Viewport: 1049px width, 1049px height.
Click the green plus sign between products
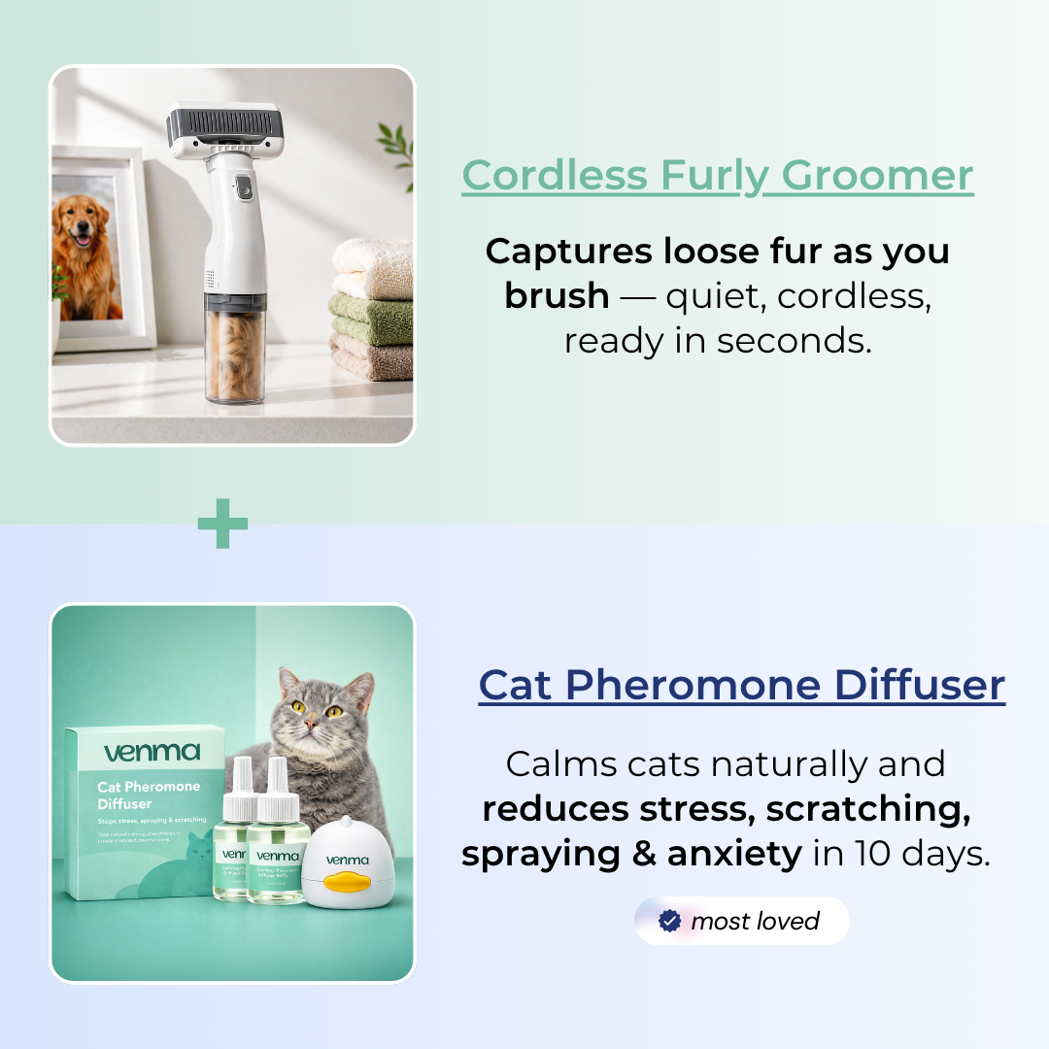point(222,524)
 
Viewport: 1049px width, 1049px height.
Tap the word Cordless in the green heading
point(554,176)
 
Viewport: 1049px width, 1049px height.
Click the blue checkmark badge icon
point(669,921)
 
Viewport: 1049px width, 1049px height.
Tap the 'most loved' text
point(755,921)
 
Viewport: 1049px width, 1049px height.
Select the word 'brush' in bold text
point(556,296)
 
